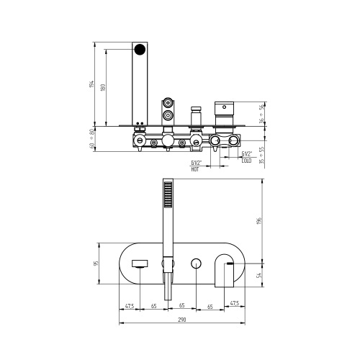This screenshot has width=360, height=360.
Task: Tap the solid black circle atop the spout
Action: coord(138,50)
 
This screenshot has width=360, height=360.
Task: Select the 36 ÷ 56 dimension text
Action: coord(262,112)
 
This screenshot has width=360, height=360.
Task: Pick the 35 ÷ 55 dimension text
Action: coord(262,153)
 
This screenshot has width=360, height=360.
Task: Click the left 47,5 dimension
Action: coord(130,306)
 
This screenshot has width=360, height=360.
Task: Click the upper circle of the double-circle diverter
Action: coord(168,102)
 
